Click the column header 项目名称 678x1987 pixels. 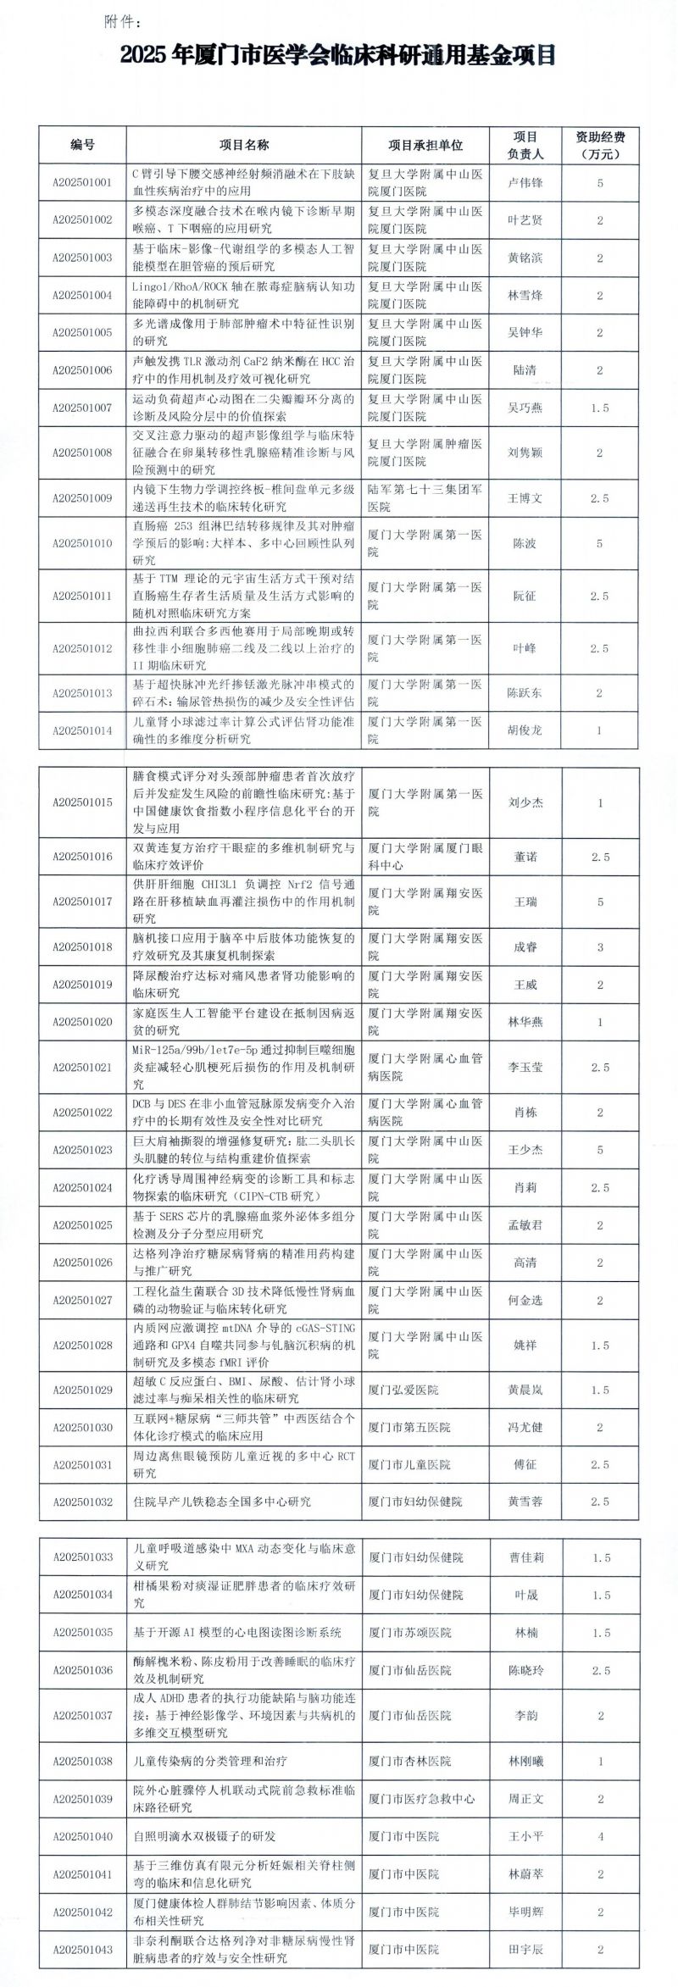[244, 145]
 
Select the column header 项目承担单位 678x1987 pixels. [425, 145]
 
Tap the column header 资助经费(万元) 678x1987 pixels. [600, 145]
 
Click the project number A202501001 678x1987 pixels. [82, 182]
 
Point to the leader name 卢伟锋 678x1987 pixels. [525, 182]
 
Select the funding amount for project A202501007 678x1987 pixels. [600, 408]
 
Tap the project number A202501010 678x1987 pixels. [82, 543]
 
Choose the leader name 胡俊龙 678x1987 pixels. [525, 730]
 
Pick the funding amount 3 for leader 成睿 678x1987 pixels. [600, 946]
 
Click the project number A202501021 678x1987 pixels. [82, 1067]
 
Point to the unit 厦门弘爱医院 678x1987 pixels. [403, 1390]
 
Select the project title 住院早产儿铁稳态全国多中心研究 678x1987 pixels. [223, 1501]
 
